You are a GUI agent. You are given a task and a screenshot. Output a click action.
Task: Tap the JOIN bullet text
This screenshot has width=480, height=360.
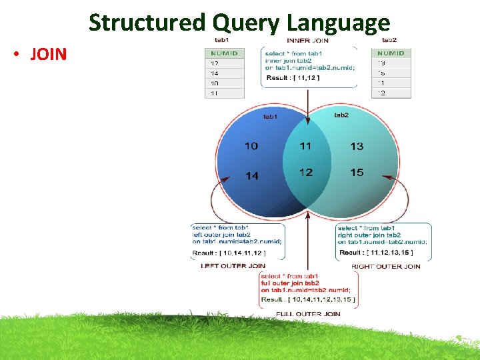(49, 54)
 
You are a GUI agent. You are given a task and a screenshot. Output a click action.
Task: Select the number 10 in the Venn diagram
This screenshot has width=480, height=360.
(251, 146)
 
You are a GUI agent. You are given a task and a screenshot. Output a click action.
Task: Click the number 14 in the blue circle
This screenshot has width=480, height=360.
(251, 176)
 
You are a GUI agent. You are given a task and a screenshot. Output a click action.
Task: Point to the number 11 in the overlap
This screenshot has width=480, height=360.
(305, 146)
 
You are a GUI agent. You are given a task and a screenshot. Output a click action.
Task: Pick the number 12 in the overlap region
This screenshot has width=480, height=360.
(305, 173)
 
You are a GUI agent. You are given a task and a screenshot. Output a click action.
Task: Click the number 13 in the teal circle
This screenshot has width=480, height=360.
(357, 146)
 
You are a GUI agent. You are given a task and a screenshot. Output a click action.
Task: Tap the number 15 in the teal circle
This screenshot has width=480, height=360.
(357, 173)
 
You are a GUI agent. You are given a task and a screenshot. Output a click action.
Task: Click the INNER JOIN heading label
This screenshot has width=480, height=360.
(308, 41)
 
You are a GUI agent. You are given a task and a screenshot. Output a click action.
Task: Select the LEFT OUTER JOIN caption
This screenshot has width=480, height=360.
(233, 266)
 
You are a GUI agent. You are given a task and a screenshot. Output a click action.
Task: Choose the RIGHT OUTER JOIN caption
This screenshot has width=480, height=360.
(385, 267)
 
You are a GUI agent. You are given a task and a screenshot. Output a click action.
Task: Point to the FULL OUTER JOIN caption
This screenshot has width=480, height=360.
(308, 313)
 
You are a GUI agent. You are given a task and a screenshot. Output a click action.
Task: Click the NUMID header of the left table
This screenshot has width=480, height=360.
(224, 53)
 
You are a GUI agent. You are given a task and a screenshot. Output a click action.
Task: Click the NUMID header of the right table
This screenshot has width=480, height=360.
(391, 53)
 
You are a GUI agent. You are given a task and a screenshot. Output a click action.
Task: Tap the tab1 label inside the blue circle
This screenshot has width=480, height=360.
(270, 117)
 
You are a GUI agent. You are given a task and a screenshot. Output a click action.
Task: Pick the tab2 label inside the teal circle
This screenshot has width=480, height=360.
(341, 115)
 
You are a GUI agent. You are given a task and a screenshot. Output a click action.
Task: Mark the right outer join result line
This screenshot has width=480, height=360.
(376, 253)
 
